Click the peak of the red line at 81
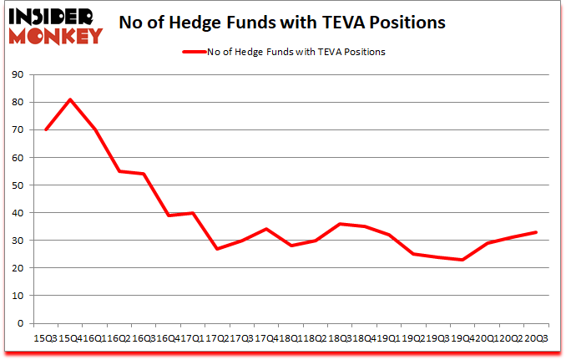point(70,99)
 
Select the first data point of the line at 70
point(45,129)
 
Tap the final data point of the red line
point(536,232)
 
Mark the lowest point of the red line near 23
point(462,260)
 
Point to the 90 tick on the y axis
point(18,75)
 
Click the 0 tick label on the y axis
point(20,323)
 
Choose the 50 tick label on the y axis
point(18,185)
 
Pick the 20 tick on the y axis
point(18,268)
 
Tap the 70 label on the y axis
point(18,130)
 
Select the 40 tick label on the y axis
point(18,213)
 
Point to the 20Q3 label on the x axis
point(535,339)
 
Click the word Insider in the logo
point(53,14)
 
